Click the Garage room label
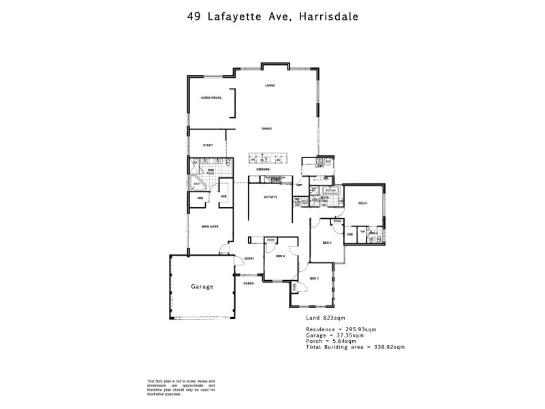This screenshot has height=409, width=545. pos(202,287)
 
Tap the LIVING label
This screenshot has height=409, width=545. pos(270,85)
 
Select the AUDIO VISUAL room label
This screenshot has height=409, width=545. pos(211,98)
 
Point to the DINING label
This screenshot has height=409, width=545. pos(266,128)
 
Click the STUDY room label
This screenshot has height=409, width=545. pos(208,145)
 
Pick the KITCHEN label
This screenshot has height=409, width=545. pos(264,169)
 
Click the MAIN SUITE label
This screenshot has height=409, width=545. pos(208,226)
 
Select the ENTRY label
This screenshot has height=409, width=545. pos(249,258)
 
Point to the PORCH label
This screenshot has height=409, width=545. pos(249,284)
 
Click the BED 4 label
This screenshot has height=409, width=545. pos(280,256)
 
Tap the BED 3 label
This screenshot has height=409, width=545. pos(314,278)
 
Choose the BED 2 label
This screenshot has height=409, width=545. pos(326,243)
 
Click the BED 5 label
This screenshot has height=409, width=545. pos(362,202)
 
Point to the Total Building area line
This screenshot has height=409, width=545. pos(355,346)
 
